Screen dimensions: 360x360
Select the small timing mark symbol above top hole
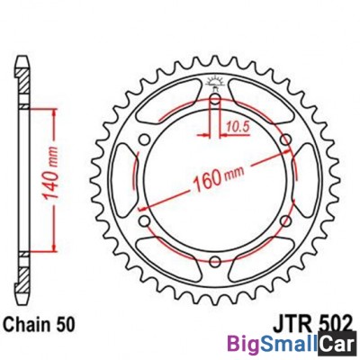(x=215, y=84)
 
